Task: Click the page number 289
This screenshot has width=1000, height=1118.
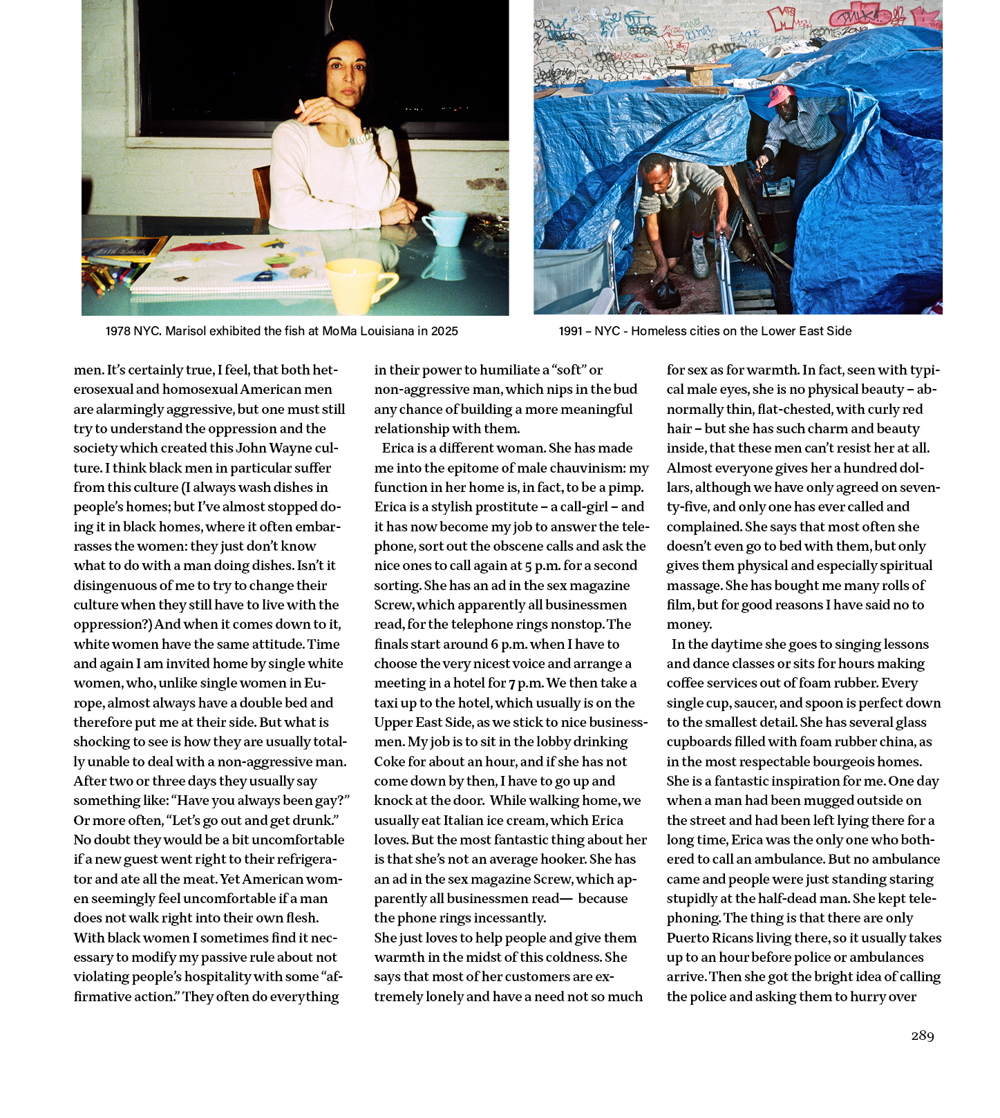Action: [922, 1035]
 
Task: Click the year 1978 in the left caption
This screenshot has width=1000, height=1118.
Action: [117, 331]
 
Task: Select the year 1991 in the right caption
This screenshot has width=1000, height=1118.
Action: [571, 331]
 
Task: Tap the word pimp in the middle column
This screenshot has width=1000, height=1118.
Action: [625, 487]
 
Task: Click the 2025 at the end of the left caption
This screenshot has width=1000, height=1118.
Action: [442, 331]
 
